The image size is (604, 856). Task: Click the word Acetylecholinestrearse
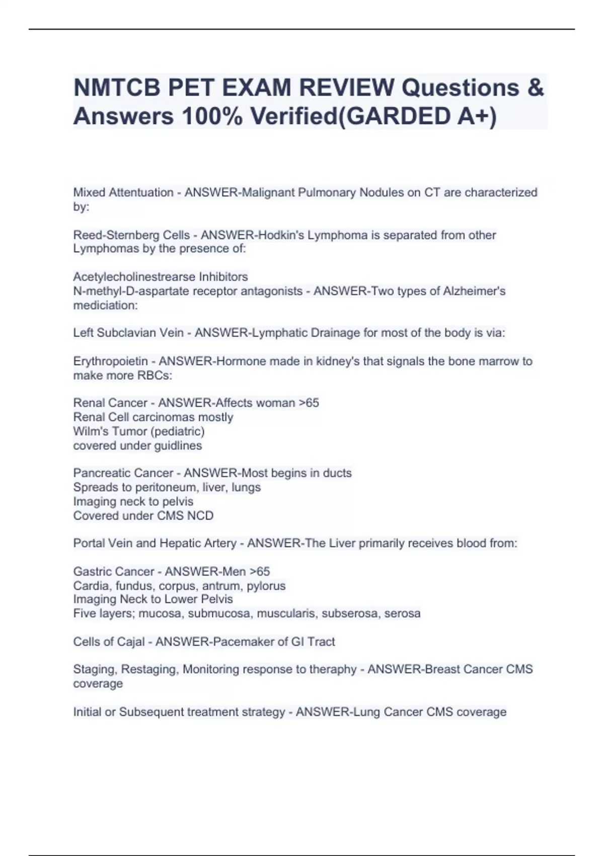pyautogui.click(x=134, y=277)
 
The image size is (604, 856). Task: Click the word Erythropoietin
pyautogui.click(x=111, y=361)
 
